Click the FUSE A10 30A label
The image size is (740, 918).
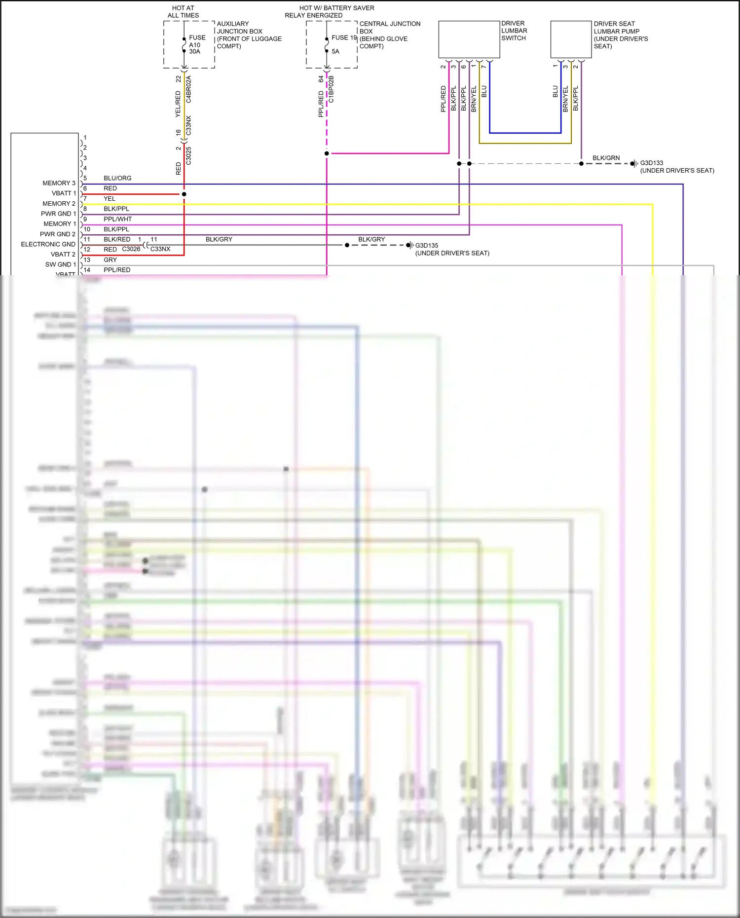click(x=197, y=44)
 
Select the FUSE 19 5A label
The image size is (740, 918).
click(x=343, y=44)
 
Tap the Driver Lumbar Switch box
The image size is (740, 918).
click(x=469, y=39)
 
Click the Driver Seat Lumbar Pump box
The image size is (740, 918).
click(x=571, y=39)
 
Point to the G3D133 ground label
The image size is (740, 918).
click(x=651, y=163)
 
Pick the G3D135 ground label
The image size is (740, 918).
click(x=426, y=245)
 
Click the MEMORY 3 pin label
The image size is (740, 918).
click(x=59, y=183)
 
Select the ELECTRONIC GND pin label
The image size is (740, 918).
click(x=48, y=244)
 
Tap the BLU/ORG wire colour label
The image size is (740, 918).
click(x=117, y=178)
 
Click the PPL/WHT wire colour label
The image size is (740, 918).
click(x=117, y=219)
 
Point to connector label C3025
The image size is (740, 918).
click(x=188, y=156)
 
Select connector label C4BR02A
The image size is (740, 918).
click(x=188, y=89)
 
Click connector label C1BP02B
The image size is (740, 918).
click(x=331, y=89)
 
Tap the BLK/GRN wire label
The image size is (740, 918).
click(x=606, y=158)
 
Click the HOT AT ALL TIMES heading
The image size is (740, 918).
click(x=183, y=11)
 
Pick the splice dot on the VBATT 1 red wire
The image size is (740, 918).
click(x=184, y=194)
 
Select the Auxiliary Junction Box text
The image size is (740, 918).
click(x=249, y=35)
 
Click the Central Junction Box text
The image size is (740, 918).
click(x=389, y=35)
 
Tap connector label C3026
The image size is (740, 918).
click(x=131, y=249)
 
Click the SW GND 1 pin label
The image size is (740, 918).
click(x=60, y=264)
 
